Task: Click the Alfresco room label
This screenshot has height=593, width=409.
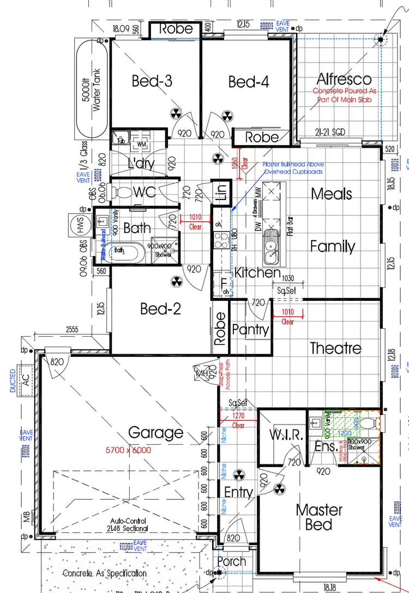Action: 344,79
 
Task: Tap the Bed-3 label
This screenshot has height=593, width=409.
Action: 152,82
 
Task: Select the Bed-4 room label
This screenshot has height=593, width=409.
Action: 249,82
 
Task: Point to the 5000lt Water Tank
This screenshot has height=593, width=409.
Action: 92,91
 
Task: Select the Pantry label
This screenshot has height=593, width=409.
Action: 250,329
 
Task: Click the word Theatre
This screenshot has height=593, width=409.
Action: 335,348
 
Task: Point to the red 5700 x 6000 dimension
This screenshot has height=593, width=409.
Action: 128,450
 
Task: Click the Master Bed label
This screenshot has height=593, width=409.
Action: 319,517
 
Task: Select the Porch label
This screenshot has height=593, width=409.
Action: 231,561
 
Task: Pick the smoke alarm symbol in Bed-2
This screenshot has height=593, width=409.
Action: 176,282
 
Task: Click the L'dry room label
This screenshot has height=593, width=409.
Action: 141,163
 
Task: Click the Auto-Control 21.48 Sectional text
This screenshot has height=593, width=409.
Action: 129,524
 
